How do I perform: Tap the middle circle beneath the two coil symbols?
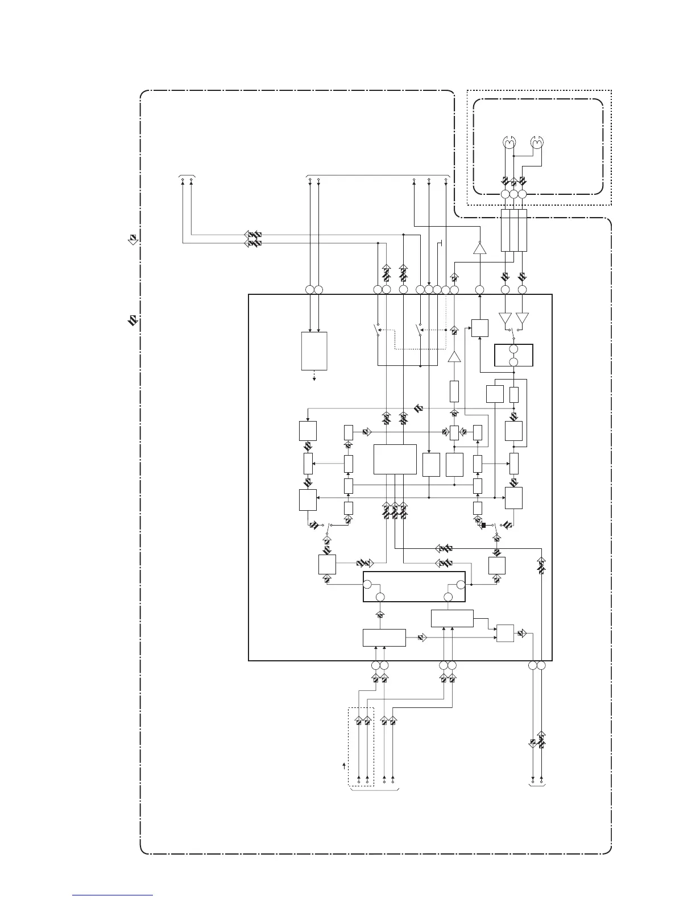[x=514, y=194]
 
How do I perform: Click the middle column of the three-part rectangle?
[x=514, y=230]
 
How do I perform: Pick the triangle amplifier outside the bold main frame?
[x=480, y=248]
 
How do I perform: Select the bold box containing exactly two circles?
[x=513, y=355]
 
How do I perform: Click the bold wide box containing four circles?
[x=414, y=586]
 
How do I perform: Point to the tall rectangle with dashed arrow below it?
[x=313, y=351]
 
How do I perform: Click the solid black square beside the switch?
[x=483, y=524]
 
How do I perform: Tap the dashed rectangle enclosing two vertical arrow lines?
[x=361, y=747]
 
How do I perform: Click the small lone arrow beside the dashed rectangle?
[x=343, y=768]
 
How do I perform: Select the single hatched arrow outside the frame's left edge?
[x=132, y=239]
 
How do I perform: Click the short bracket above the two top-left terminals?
[x=187, y=176]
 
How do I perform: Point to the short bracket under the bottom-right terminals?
[x=537, y=789]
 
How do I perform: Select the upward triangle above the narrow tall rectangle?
[x=454, y=357]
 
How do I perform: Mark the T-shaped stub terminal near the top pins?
[x=441, y=244]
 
